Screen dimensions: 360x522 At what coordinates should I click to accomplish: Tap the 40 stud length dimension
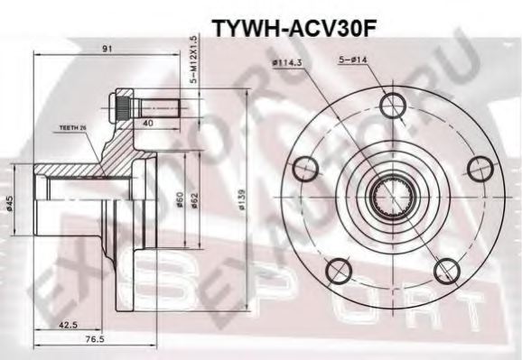coord(146,124)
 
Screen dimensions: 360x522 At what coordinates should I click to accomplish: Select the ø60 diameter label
coord(182,200)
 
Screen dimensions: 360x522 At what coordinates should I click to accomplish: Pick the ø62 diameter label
coord(195,200)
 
